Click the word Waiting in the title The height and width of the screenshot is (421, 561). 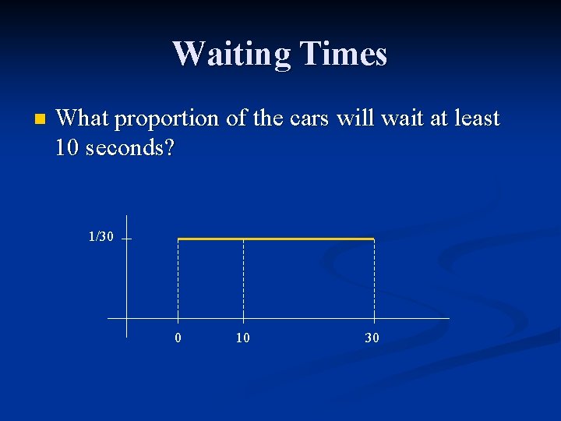(231, 54)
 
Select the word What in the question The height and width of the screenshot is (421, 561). (83, 119)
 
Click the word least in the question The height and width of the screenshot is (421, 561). (474, 119)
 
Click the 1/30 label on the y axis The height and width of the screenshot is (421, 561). (101, 236)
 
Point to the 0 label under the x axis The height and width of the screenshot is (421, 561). (178, 338)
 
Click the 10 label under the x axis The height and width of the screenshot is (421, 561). (243, 338)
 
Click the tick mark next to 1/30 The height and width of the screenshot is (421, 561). (125, 239)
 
